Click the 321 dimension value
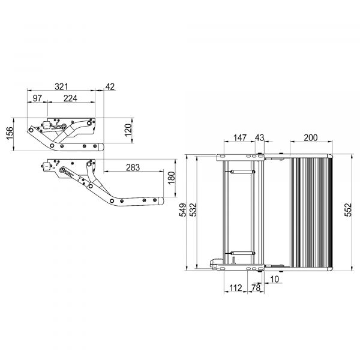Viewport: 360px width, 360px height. [x=62, y=86]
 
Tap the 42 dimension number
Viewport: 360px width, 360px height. [x=110, y=86]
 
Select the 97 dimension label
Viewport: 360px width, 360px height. [x=37, y=98]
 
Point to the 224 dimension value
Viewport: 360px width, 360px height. [x=70, y=98]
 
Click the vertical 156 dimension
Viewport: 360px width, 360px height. [x=10, y=133]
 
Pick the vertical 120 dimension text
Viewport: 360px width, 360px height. [x=128, y=130]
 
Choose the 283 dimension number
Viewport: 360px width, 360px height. [x=133, y=167]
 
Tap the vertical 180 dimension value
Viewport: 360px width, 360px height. [x=172, y=178]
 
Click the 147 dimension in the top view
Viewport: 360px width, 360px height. [x=240, y=137]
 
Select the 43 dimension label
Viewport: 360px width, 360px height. [x=260, y=137]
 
